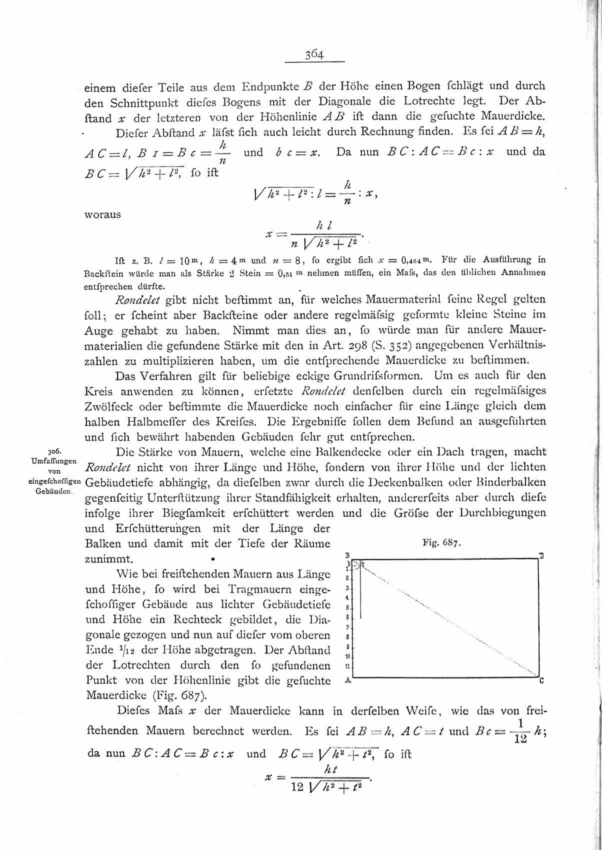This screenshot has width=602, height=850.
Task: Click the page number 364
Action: click(x=315, y=55)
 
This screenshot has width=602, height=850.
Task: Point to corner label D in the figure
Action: click(x=541, y=555)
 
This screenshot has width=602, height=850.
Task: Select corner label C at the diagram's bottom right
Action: click(x=541, y=681)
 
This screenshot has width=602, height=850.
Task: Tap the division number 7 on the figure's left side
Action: click(x=348, y=627)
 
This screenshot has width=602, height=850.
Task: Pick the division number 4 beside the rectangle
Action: click(x=348, y=598)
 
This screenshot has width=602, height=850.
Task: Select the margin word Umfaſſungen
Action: click(x=53, y=460)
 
